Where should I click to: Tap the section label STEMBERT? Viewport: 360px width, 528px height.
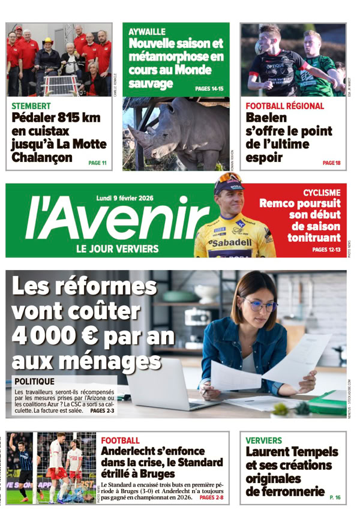(x=32, y=106)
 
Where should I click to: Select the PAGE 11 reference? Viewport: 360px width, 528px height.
(x=97, y=163)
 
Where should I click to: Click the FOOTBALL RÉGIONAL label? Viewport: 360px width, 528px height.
(x=284, y=106)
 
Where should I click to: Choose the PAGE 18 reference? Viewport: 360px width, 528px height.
(x=331, y=163)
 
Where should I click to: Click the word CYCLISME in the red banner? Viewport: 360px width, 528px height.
(x=322, y=193)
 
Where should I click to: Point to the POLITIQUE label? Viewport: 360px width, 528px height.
(x=34, y=381)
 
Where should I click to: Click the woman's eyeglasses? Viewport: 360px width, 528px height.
(x=260, y=305)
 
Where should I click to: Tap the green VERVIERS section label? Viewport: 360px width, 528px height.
(x=263, y=440)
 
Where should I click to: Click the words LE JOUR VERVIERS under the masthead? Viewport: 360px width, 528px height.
(x=117, y=248)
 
